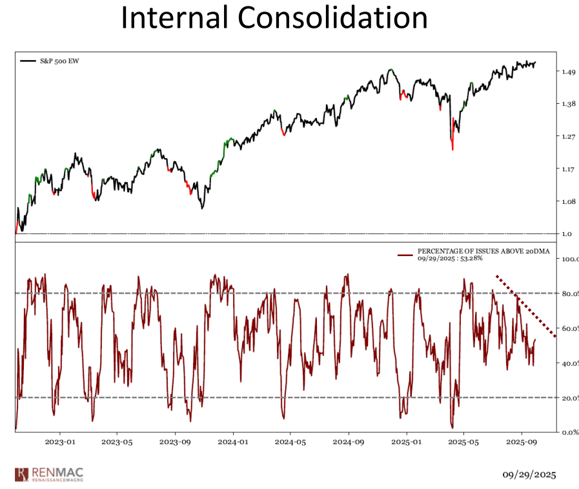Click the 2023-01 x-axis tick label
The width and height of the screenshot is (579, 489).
59,443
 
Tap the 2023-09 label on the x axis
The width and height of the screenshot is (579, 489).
175,443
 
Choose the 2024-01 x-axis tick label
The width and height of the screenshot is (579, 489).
233,443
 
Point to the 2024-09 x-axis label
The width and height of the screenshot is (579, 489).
349,443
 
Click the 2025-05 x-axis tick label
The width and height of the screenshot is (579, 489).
464,443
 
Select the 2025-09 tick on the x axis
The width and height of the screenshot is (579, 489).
522,443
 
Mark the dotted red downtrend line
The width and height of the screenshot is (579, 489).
525,305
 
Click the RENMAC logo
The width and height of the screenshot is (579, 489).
49,474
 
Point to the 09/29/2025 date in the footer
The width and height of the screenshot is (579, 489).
529,475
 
